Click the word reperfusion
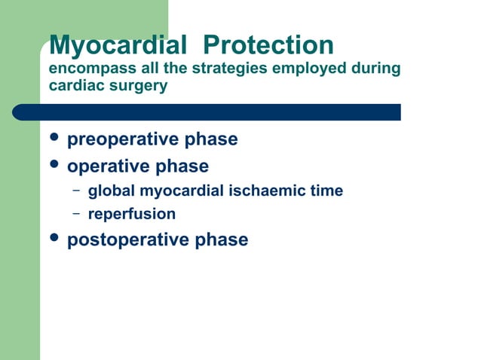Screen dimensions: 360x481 pyautogui.click(x=132, y=215)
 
